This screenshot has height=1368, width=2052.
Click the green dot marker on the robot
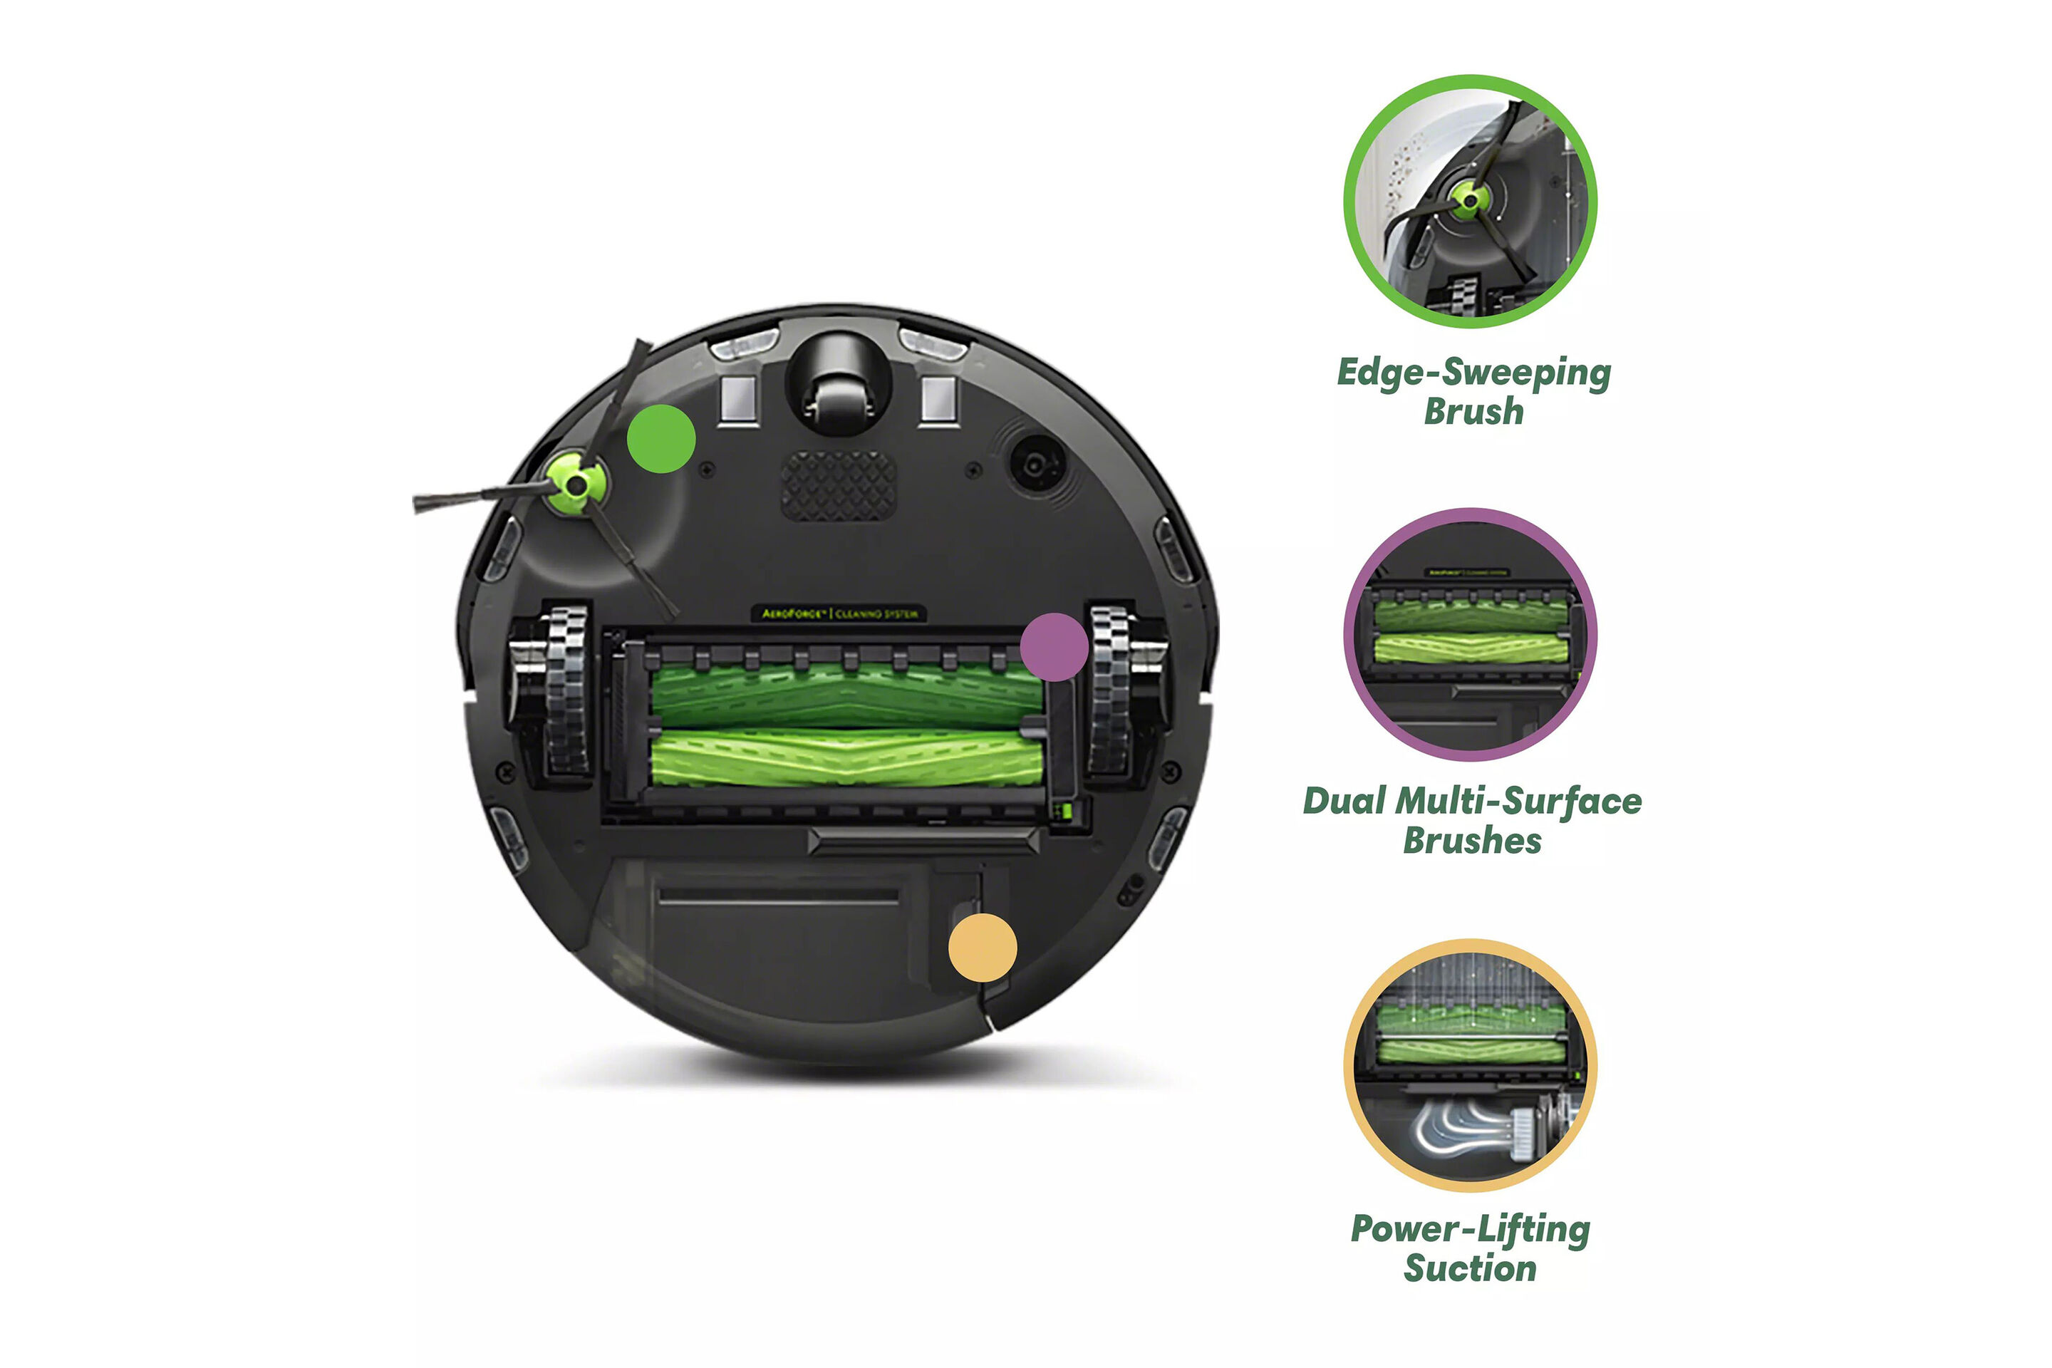(x=660, y=439)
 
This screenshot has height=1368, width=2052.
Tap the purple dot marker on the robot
(x=1054, y=646)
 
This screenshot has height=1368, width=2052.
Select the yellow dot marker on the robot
(x=983, y=948)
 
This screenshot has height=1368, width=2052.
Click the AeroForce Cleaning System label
(x=839, y=613)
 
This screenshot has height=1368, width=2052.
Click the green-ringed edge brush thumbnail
(x=1470, y=202)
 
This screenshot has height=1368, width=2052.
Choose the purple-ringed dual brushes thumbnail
(x=1470, y=634)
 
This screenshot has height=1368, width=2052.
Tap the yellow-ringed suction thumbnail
(x=1470, y=1065)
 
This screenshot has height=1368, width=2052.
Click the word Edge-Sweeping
(x=1473, y=373)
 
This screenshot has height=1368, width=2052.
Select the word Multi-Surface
(x=1518, y=802)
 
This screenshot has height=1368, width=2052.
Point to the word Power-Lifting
(x=1470, y=1229)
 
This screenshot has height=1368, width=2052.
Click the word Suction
(x=1470, y=1268)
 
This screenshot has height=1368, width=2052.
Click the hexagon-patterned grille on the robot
(x=838, y=486)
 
